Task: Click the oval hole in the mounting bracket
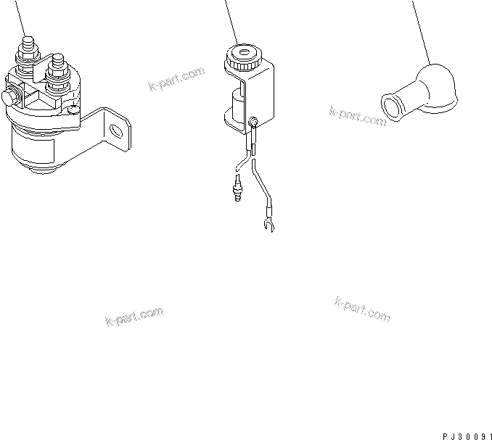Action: pos(116,131)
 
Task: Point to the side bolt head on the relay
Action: pos(11,96)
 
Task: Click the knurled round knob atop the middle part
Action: pos(240,57)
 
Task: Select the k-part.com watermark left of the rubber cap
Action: pos(358,116)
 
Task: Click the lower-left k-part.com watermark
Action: pos(134,317)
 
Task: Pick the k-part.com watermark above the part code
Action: pos(362,309)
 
